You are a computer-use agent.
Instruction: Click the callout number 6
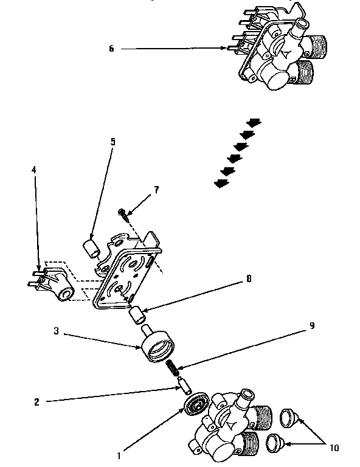point(111,49)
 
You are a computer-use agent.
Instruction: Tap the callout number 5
point(112,142)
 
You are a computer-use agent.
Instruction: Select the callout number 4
point(35,170)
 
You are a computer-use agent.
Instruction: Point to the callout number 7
point(156,190)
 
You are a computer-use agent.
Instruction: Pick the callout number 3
point(56,331)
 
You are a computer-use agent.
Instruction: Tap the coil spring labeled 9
point(173,368)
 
